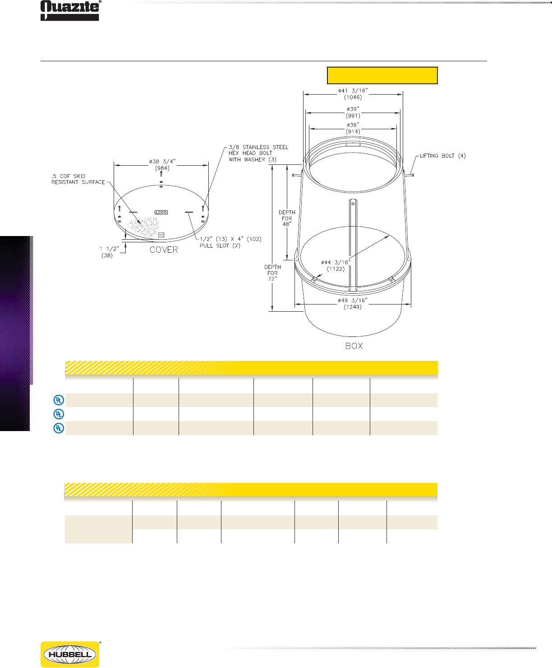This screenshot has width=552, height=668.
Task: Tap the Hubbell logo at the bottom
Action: [x=70, y=654]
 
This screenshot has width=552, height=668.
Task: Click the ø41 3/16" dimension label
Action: [x=353, y=94]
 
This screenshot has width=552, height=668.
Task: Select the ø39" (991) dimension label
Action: [x=353, y=112]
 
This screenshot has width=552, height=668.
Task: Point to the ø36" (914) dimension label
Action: [x=353, y=128]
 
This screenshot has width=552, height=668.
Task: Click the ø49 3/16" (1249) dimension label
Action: [x=353, y=303]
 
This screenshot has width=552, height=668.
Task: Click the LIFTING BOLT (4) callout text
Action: [x=442, y=156]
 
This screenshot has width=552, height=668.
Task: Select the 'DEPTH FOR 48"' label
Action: [x=287, y=218]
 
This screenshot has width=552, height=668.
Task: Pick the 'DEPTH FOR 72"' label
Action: [x=272, y=273]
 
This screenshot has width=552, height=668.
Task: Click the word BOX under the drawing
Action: [x=354, y=346]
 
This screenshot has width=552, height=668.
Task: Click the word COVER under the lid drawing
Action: [x=164, y=250]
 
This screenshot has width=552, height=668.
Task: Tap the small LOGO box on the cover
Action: [x=161, y=212]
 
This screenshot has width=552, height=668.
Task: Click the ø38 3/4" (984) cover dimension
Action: [x=162, y=164]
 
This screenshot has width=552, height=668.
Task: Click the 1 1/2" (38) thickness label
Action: [x=109, y=252]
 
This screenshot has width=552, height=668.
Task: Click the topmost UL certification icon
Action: [x=59, y=400]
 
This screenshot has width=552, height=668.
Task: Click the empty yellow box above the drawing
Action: [x=382, y=75]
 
